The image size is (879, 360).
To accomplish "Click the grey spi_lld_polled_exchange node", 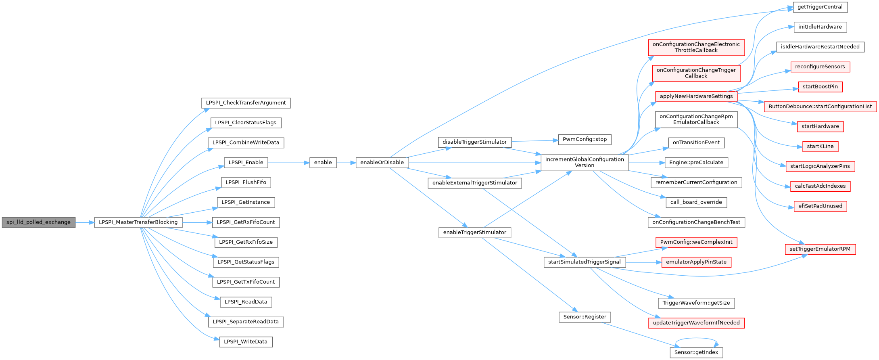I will tap(38, 222).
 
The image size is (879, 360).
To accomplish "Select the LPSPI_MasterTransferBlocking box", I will tap(138, 222).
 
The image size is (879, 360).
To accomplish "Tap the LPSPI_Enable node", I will tap(246, 163).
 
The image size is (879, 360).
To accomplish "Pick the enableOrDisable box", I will tap(382, 163).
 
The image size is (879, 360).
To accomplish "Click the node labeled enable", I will tap(323, 163).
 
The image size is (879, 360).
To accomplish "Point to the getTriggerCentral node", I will tap(820, 7).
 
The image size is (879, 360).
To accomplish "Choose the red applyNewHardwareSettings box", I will tap(696, 96).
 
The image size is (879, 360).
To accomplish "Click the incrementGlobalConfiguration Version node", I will tap(585, 162).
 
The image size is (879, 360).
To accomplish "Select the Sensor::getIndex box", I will tap(696, 352).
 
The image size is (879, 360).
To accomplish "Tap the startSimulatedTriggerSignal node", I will tap(585, 262).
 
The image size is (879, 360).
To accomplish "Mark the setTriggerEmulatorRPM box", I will tap(820, 249).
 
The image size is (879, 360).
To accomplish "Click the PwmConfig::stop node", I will tap(585, 140).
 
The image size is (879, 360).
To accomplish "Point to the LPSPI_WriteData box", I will tap(246, 342).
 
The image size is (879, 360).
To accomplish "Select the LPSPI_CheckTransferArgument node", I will tap(246, 103).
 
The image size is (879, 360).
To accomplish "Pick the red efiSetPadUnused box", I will tap(820, 206).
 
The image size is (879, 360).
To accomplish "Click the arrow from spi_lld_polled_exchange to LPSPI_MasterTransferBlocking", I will tap(85, 222).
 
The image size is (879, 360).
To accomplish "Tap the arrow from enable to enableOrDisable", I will tap(346, 163).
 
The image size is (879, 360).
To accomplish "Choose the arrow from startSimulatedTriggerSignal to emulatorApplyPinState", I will tap(643, 262).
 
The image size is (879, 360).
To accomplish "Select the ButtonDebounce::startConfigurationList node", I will tap(820, 107).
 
